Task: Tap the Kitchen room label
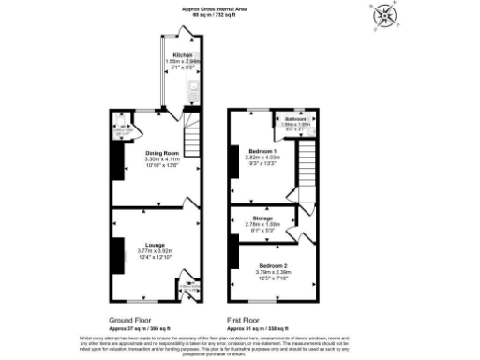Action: (x=175, y=55)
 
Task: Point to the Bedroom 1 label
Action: (x=261, y=151)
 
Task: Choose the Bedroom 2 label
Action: (x=272, y=265)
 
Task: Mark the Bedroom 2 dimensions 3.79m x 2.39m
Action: (x=272, y=273)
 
